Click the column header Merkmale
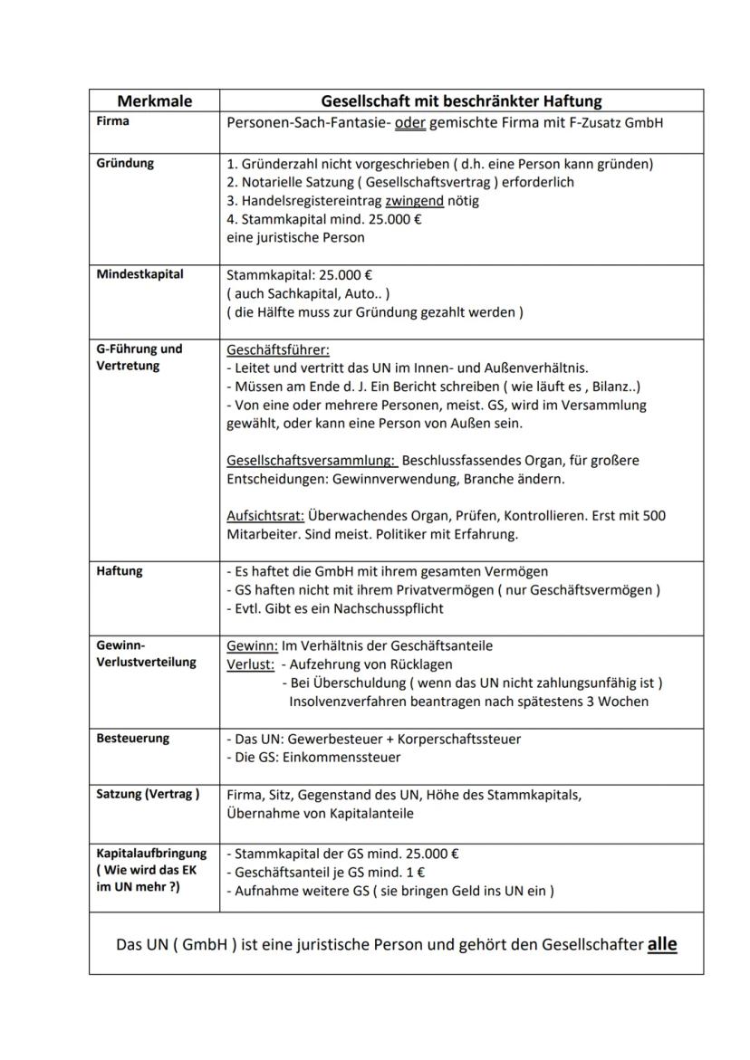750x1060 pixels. click(x=154, y=100)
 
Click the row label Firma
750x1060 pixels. click(x=113, y=121)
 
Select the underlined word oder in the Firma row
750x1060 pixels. click(x=410, y=123)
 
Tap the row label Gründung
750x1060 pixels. click(x=125, y=164)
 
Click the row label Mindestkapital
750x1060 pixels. click(x=139, y=274)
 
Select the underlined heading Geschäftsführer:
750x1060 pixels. click(x=277, y=349)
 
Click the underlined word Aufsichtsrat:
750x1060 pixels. click(x=264, y=516)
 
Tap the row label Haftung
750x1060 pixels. click(x=119, y=571)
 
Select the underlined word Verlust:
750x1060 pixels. click(x=250, y=664)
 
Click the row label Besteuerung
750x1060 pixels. click(x=132, y=739)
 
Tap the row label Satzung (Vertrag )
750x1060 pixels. click(x=147, y=795)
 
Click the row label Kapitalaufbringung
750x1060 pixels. click(x=151, y=854)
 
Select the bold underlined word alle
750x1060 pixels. click(x=661, y=944)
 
